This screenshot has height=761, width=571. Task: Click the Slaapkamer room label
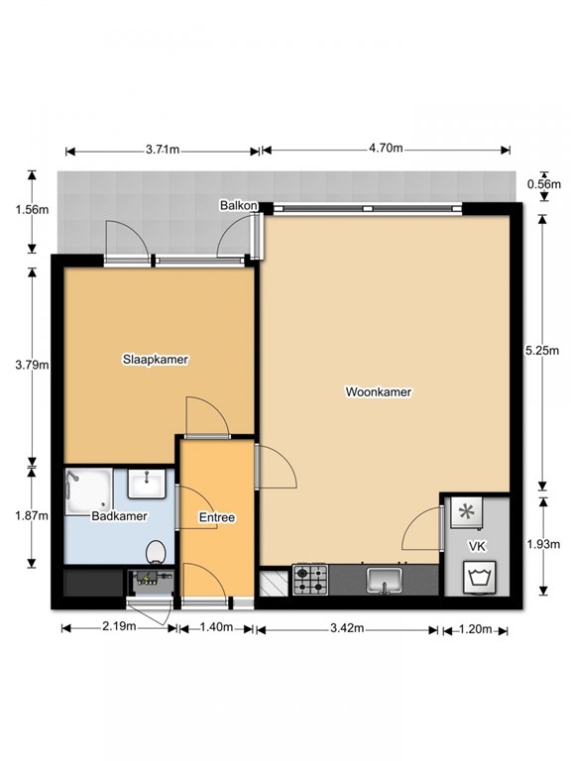[x=156, y=359]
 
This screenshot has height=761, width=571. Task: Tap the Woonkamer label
[x=378, y=391]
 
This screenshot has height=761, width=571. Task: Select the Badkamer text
[x=119, y=516]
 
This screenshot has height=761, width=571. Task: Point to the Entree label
[x=216, y=517]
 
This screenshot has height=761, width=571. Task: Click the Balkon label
[x=239, y=205]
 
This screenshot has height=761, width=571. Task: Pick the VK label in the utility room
[x=477, y=546]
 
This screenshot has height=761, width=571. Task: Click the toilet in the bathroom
[x=156, y=550]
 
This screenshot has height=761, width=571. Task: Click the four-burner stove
[x=310, y=580]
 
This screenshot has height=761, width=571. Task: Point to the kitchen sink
[x=384, y=579]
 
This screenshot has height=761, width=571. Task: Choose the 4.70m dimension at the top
[x=386, y=149]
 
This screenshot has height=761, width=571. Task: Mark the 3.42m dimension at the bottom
[x=346, y=629]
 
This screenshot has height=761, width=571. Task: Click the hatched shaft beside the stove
[x=270, y=582]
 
